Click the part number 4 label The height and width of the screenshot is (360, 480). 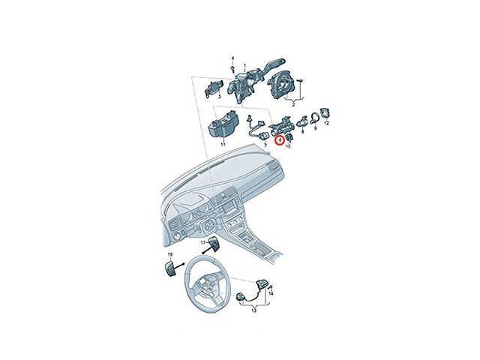(232, 58)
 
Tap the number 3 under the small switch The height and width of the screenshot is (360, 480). (218, 97)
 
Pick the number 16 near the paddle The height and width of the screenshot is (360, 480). (170, 255)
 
